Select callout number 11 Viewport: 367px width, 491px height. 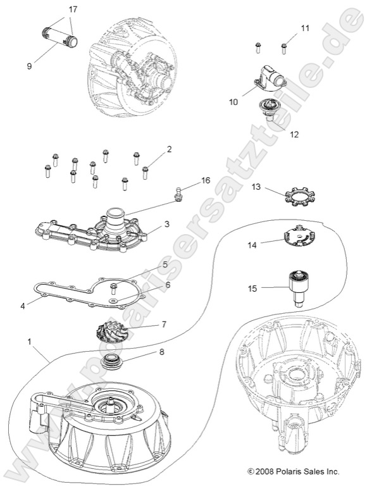pos(306,28)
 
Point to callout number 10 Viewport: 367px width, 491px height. pos(233,101)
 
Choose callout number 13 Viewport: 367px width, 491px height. pos(256,187)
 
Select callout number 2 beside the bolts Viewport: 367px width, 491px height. pos(169,149)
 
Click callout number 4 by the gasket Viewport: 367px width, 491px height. pos(22,306)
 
